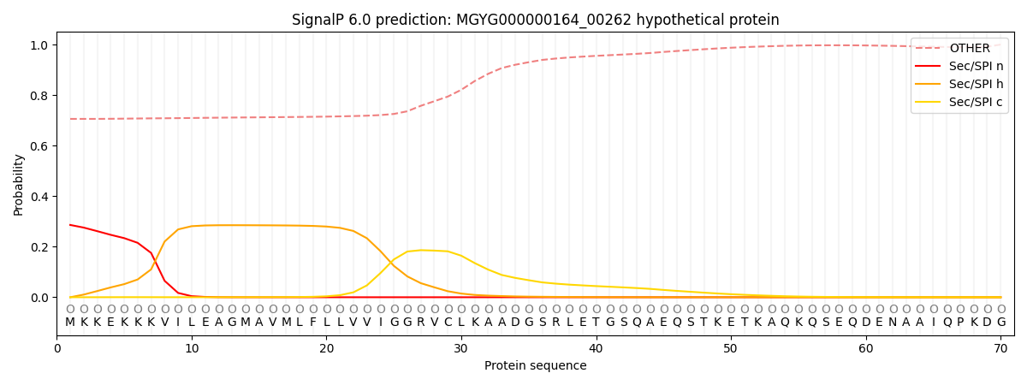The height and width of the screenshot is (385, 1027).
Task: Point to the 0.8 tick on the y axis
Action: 39,96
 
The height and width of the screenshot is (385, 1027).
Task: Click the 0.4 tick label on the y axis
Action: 39,197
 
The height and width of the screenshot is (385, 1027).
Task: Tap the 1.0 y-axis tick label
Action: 39,45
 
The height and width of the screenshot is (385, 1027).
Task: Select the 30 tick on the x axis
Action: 460,349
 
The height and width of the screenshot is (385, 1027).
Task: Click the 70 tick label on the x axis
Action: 1000,349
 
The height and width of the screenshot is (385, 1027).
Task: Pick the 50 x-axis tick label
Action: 730,349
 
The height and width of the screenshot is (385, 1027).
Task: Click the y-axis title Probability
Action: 18,185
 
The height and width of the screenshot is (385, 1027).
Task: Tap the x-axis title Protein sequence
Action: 536,366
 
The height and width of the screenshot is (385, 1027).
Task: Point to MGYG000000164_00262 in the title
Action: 543,21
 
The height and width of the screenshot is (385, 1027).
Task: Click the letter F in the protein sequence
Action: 313,323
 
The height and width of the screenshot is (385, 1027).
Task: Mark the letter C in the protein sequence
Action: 448,323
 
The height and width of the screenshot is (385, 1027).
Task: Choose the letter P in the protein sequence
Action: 960,323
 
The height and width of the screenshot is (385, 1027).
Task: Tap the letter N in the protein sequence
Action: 893,323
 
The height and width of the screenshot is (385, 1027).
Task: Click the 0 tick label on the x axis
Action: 56,349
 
